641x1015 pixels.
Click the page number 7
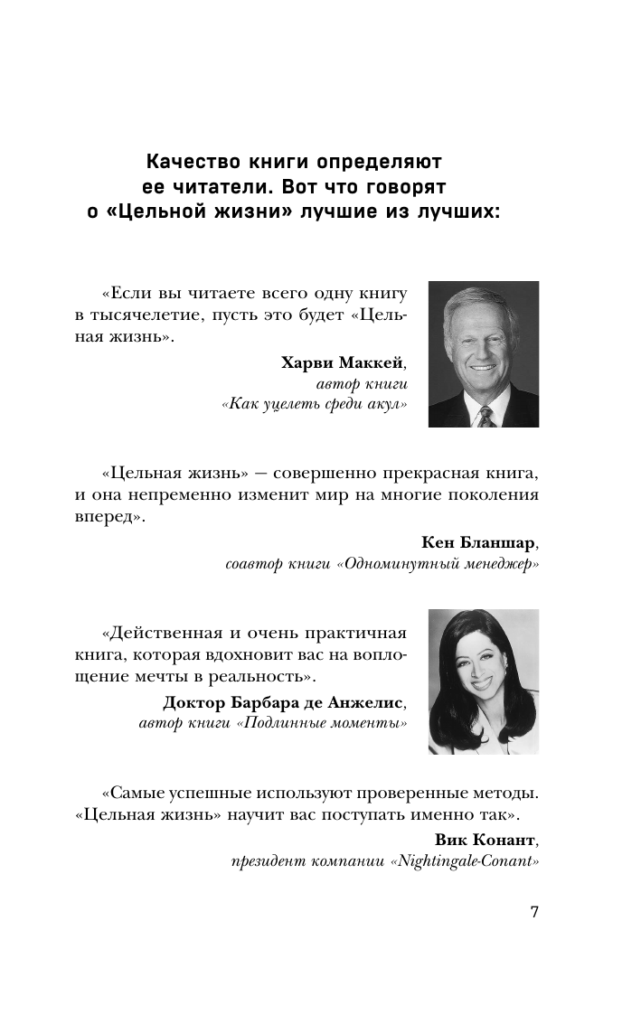tap(534, 911)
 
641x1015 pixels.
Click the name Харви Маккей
tap(344, 363)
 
